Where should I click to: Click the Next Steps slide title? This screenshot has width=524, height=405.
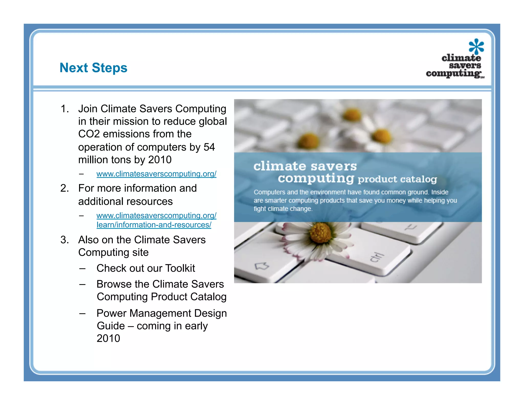click(x=93, y=68)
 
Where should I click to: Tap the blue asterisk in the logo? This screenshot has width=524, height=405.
click(x=476, y=46)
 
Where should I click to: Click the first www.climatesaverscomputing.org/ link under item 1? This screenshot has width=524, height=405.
click(x=156, y=174)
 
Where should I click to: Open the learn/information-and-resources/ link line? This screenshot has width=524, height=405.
click(x=154, y=225)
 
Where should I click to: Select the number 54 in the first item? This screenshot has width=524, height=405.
click(x=209, y=147)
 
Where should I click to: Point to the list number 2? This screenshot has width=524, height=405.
click(x=64, y=188)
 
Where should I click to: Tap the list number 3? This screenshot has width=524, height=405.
click(x=64, y=240)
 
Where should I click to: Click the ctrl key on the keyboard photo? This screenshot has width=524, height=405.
click(x=377, y=257)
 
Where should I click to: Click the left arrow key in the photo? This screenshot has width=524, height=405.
click(x=262, y=266)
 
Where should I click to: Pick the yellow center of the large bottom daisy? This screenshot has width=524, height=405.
click(x=320, y=233)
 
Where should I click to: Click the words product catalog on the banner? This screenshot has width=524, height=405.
click(x=397, y=179)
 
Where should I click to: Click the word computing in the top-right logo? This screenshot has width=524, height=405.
click(x=453, y=73)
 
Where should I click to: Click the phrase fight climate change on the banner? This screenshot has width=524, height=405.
click(x=283, y=209)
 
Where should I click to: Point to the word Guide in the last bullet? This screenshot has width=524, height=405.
click(x=111, y=326)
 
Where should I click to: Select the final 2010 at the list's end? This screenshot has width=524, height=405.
click(x=108, y=338)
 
